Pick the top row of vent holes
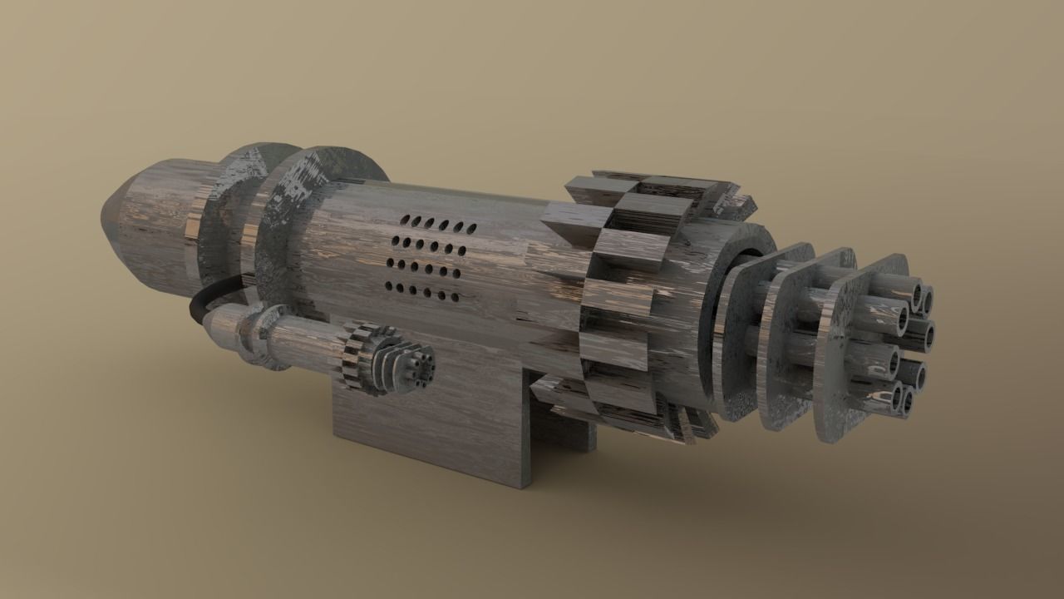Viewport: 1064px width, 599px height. pos(436,225)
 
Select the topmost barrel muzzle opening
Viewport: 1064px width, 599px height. pos(920,295)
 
